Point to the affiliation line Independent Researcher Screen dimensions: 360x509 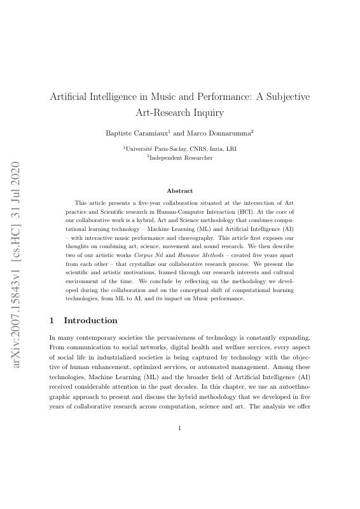[180, 157]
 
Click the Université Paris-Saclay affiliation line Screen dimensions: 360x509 [180, 148]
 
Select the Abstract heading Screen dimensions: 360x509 [179, 190]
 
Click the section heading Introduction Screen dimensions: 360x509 [90, 320]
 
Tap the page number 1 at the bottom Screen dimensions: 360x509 [180, 428]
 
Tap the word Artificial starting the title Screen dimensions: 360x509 [73, 97]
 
